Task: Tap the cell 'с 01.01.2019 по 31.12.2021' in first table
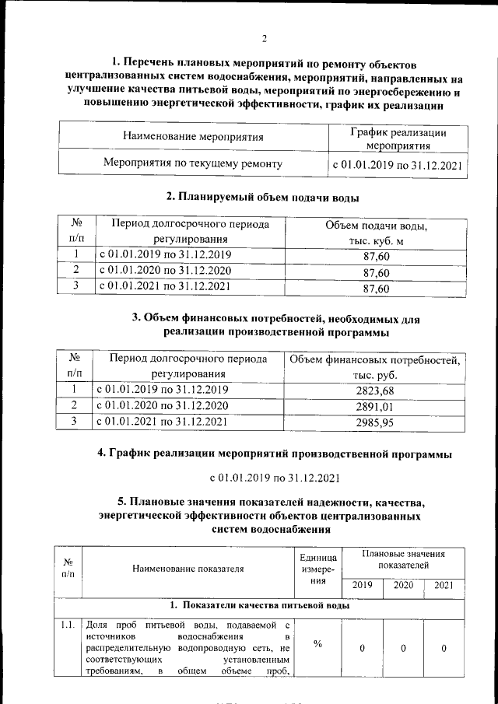[x=398, y=165]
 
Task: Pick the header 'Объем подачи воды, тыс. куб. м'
[x=376, y=233]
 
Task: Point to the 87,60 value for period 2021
[x=376, y=289]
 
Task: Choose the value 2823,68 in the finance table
[x=375, y=390]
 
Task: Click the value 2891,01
[x=375, y=406]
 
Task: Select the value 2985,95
[x=375, y=422]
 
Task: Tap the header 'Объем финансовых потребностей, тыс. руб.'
[x=375, y=366]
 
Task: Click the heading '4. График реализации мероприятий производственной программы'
[x=274, y=453]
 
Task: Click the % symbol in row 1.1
[x=317, y=643]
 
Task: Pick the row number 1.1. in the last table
[x=68, y=624]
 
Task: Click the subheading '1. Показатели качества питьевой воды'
[x=260, y=605]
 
